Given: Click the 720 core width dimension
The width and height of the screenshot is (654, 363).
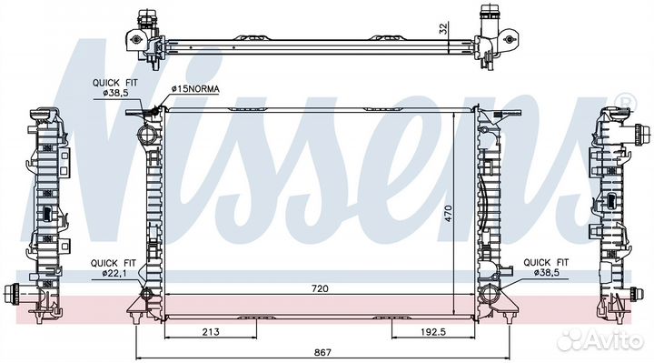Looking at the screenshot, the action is click(x=320, y=288).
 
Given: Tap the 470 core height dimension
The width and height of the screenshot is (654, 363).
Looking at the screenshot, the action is click(x=448, y=213).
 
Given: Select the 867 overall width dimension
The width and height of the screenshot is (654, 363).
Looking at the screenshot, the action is click(x=322, y=352).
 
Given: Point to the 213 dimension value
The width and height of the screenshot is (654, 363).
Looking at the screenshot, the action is click(x=211, y=332).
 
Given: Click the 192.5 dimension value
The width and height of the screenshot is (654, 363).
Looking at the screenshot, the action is click(x=433, y=332).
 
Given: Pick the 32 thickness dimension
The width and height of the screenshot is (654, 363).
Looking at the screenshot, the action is click(x=443, y=28).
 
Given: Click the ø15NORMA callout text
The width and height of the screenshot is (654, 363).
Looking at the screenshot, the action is click(x=195, y=89).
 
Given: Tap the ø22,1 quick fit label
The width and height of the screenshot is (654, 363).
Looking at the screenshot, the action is click(x=114, y=273).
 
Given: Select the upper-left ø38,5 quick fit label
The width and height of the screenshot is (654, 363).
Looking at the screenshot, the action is click(x=116, y=92).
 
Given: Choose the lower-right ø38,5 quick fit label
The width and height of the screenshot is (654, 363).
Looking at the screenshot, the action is click(x=547, y=272).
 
